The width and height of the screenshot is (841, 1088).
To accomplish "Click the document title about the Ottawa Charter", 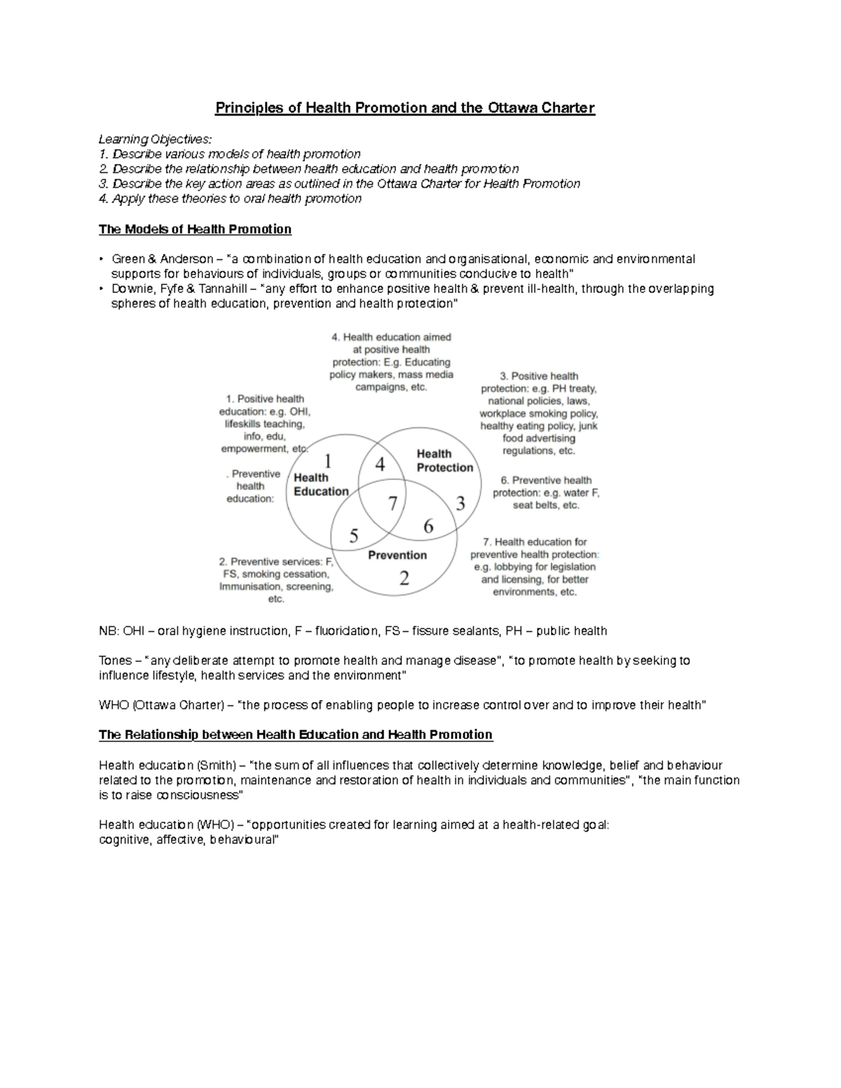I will click(404, 108).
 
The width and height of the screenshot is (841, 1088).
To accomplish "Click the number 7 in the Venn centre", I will click(392, 503).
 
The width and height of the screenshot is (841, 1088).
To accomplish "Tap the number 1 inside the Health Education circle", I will click(327, 460).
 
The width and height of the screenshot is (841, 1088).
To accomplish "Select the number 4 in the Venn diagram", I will click(380, 464).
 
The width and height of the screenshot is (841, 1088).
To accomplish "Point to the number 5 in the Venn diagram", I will click(354, 536).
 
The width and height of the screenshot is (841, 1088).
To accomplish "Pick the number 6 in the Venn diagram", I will click(428, 526).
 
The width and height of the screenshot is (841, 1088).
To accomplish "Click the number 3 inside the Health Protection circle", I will click(460, 503).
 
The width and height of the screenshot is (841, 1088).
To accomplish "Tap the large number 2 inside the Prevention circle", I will click(404, 578).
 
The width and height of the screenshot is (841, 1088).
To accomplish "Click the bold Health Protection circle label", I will click(444, 460).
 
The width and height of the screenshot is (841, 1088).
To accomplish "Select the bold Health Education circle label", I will click(320, 484).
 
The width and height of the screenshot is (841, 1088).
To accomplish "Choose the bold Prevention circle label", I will click(397, 555).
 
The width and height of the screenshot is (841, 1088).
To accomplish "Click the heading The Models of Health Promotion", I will click(195, 229).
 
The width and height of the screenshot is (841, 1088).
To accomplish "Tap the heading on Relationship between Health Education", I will click(296, 734).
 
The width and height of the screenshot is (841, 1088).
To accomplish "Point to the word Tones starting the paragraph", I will click(115, 660).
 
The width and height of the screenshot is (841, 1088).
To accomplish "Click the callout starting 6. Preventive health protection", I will click(545, 493).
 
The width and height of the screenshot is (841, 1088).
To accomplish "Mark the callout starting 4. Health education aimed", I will click(391, 361).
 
